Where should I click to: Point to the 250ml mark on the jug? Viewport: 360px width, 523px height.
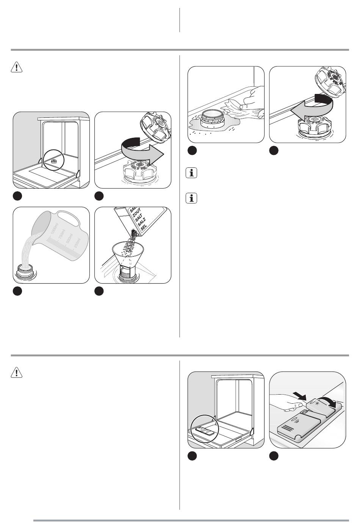pos(78,241)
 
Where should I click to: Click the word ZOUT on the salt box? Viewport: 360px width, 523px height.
pos(136,214)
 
